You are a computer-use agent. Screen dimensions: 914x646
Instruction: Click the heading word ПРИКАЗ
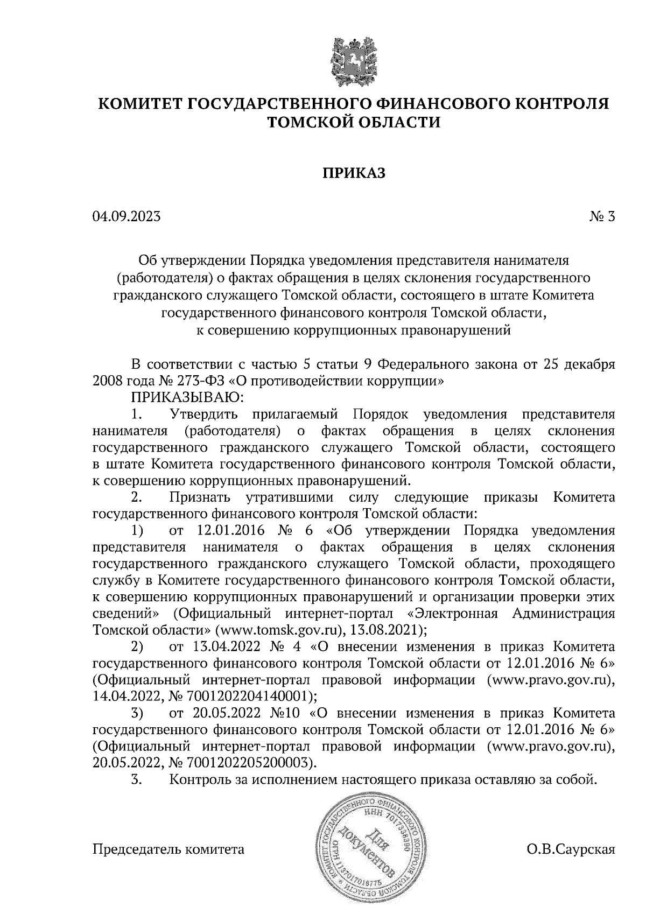[354, 173]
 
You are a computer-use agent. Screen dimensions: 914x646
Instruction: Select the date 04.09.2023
[127, 217]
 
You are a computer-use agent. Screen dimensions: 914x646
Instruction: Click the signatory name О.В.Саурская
[571, 849]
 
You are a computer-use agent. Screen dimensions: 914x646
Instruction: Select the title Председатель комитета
[168, 849]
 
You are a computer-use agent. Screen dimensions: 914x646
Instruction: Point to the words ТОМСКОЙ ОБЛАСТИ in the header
[354, 122]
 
